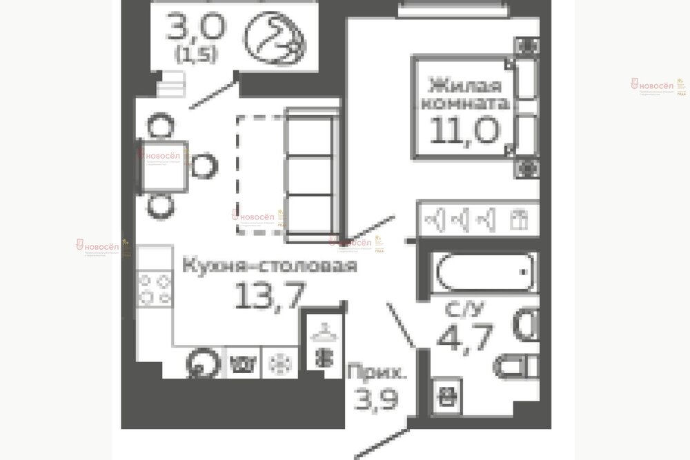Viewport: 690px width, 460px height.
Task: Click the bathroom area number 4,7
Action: (462, 338)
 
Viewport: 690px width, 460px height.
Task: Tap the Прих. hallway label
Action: (376, 374)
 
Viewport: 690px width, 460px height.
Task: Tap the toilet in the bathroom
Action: (517, 364)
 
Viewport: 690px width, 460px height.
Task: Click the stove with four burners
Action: (155, 289)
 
